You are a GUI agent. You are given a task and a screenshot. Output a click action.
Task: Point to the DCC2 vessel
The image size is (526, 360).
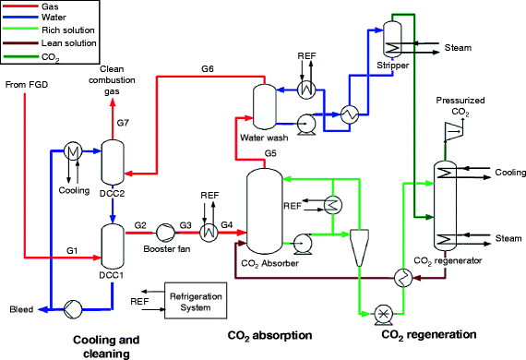112,162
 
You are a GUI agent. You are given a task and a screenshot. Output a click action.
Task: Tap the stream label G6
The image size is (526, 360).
208,69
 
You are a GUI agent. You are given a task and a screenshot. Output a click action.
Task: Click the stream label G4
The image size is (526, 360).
227,223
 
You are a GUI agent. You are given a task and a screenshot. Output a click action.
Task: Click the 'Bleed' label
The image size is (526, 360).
21,309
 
